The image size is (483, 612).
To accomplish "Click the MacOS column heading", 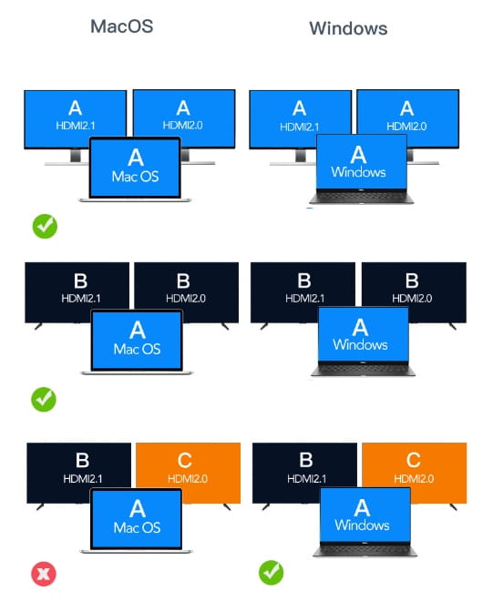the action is (x=122, y=26).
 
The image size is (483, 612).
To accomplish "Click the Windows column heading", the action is (x=348, y=28).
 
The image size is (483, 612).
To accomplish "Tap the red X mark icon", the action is (x=44, y=574).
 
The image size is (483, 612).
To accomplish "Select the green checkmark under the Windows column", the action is (x=271, y=573).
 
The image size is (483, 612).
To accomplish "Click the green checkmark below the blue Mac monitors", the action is (x=45, y=226).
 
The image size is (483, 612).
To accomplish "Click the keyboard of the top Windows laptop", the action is (x=361, y=197).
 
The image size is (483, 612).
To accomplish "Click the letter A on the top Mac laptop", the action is (x=136, y=158).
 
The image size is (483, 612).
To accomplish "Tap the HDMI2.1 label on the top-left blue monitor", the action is (x=76, y=126).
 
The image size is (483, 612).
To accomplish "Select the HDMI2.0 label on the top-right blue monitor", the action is (x=406, y=127).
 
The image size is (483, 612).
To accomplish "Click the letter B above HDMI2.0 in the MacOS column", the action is (x=183, y=281).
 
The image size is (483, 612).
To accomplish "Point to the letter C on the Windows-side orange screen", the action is (x=413, y=460).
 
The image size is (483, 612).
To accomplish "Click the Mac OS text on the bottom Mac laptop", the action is (x=137, y=527).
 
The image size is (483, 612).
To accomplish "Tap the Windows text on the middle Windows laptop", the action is (x=360, y=344).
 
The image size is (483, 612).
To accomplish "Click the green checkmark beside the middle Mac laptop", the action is (x=44, y=399).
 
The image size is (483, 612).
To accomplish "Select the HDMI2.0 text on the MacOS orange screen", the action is (x=188, y=478).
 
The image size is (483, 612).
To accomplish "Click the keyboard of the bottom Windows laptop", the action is (x=365, y=549).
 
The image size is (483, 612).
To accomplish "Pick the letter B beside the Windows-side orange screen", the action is (x=305, y=460).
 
